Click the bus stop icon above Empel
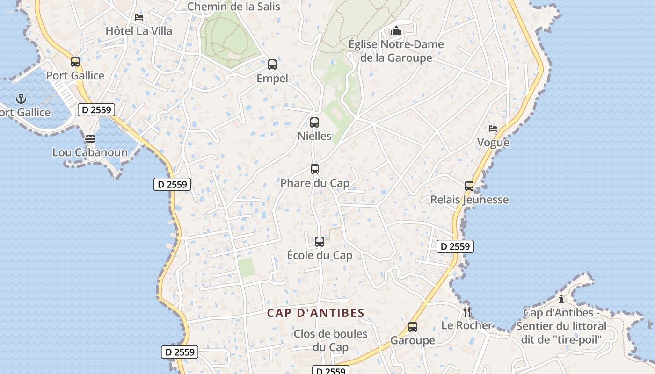[x=272, y=65]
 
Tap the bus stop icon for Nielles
[x=314, y=122]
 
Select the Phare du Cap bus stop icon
[x=315, y=169]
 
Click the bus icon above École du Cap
[x=320, y=242]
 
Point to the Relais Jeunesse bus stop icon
[x=469, y=186]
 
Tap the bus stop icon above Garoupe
[x=413, y=327]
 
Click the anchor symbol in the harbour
[x=21, y=99]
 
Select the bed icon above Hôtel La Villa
[x=139, y=17]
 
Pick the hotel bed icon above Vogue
[x=493, y=129]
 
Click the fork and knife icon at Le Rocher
[x=467, y=311]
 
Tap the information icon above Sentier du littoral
[x=561, y=299]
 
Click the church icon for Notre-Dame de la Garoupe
[x=396, y=31]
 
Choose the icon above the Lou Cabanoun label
[x=90, y=139]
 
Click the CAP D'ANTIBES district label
[x=316, y=313]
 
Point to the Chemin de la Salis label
[x=233, y=7]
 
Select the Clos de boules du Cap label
[x=331, y=341]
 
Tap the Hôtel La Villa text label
[x=139, y=31]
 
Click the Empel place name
[x=272, y=79]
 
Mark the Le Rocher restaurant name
[x=467, y=325]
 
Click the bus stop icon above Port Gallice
[x=75, y=62]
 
